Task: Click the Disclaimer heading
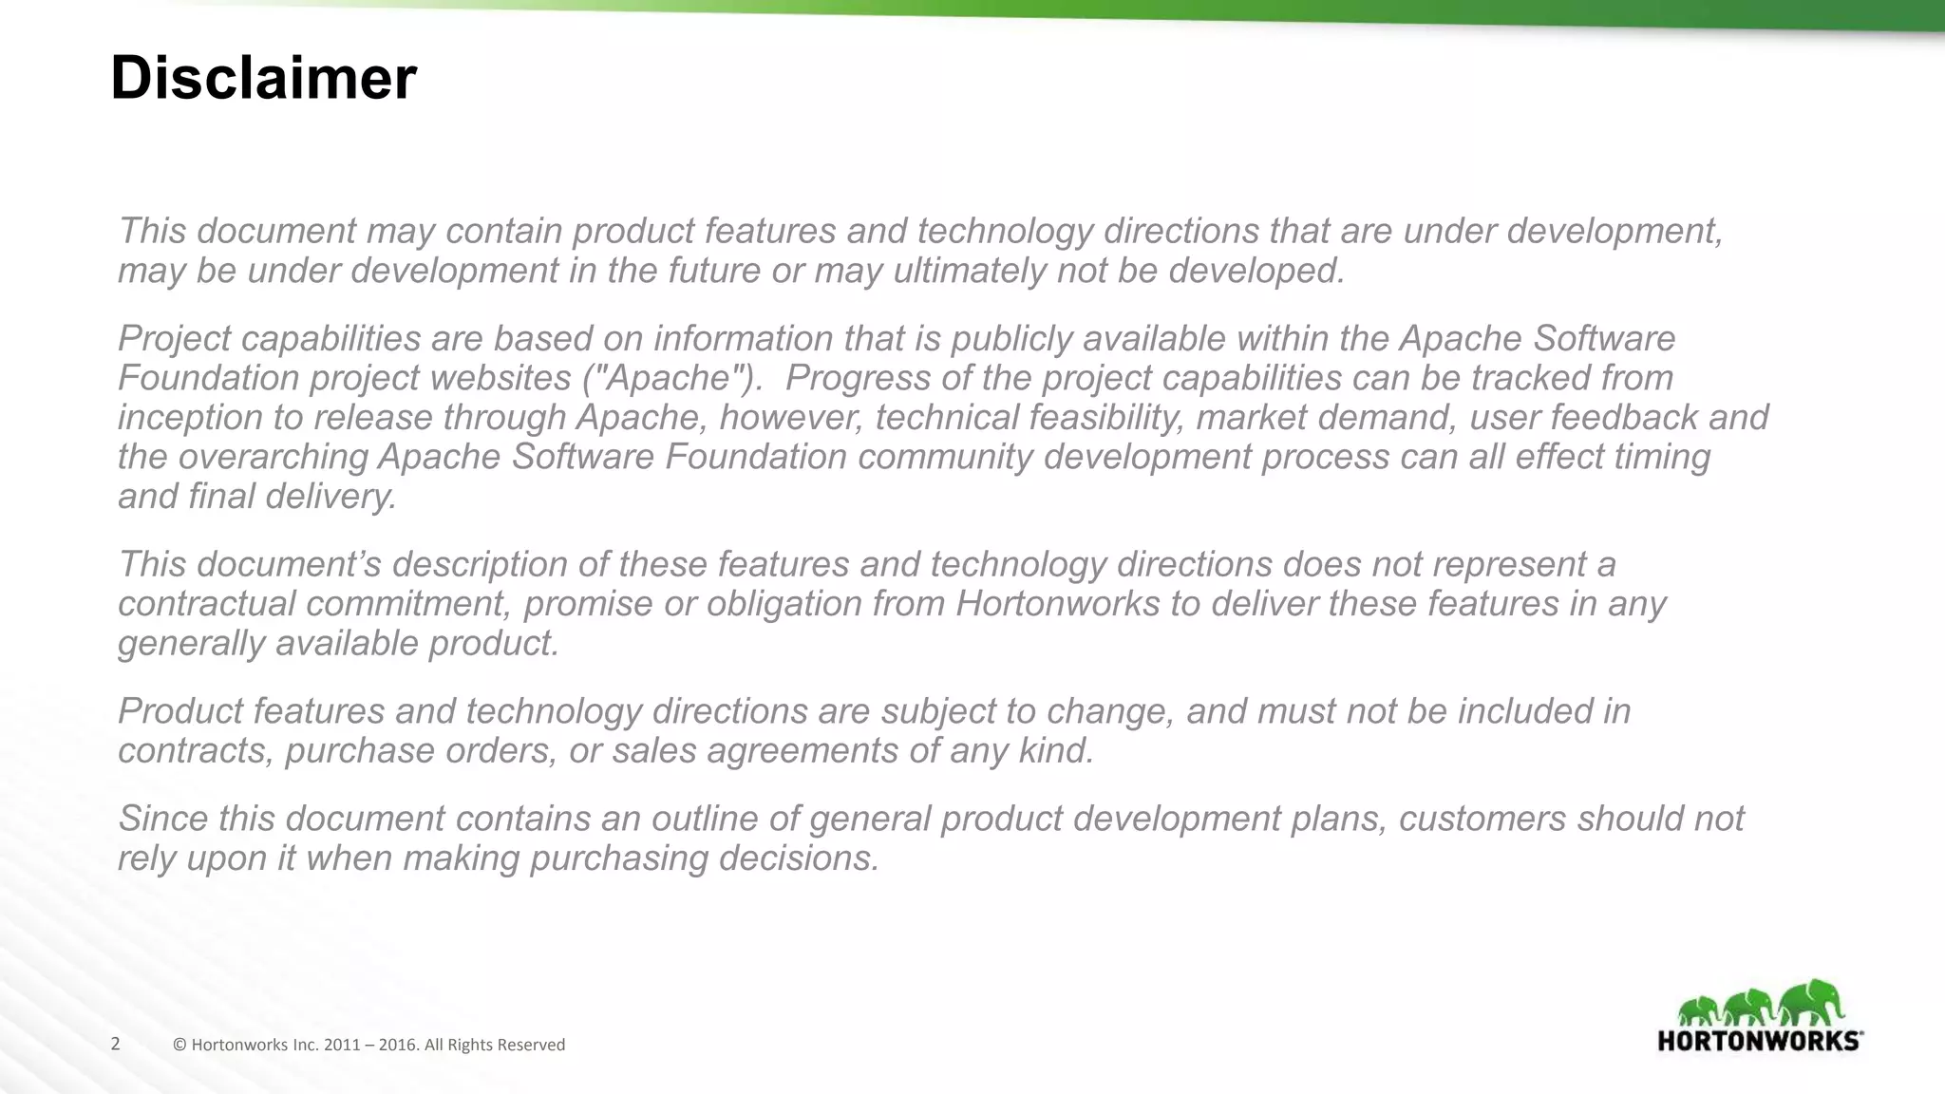pos(263,78)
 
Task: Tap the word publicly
pos(1010,338)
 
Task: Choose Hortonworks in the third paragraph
pos(1057,604)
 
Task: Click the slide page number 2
pos(116,1045)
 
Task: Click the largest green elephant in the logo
pos(1810,1003)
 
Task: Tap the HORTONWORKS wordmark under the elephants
pos(1759,1041)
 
